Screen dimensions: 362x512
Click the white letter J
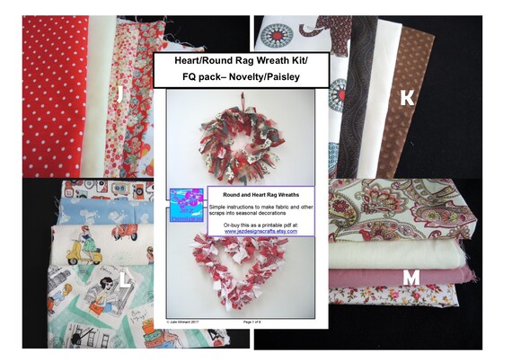[119, 93]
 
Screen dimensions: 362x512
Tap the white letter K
[407, 98]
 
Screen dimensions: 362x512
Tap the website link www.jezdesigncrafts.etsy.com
[261, 231]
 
